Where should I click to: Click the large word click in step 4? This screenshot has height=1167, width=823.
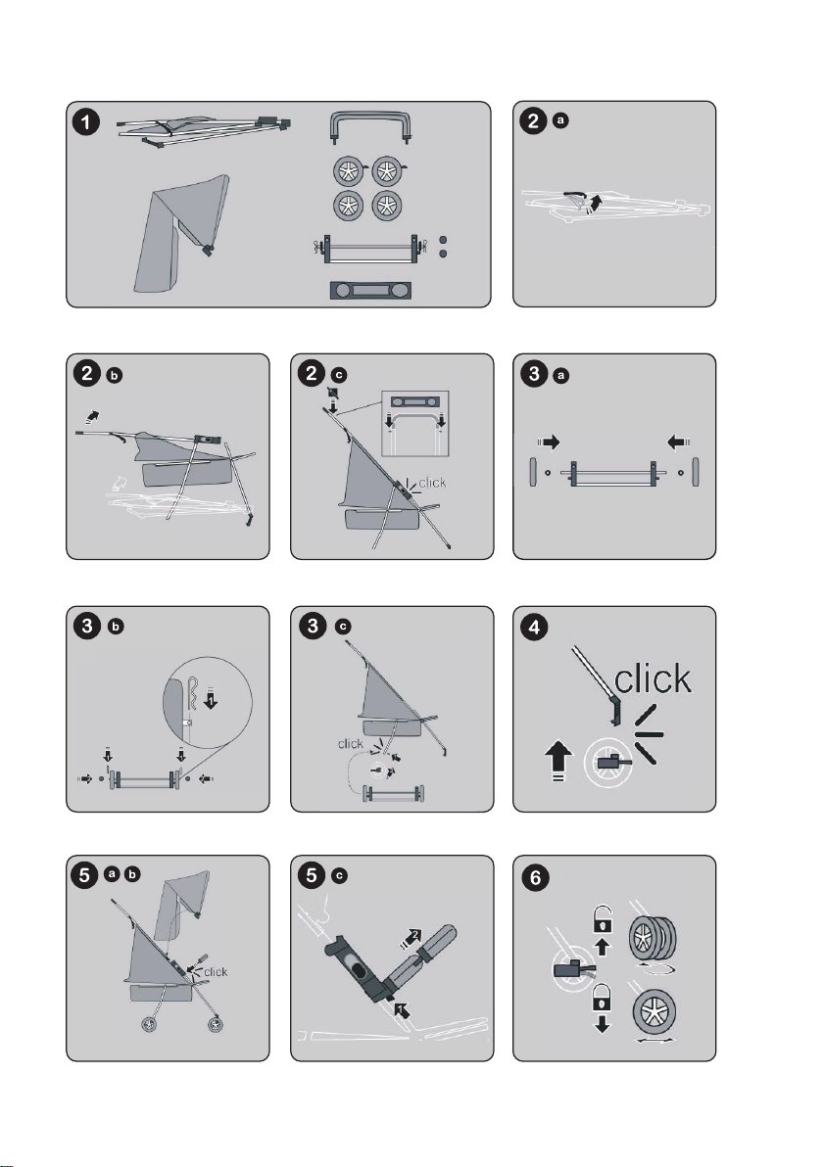tap(653, 678)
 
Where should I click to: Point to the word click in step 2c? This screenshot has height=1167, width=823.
tap(432, 483)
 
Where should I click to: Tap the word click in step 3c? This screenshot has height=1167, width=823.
tap(350, 743)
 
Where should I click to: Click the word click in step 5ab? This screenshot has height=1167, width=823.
tap(216, 972)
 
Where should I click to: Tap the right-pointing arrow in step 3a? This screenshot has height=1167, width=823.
tap(548, 443)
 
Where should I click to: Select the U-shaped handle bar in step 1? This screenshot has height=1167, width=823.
tap(369, 125)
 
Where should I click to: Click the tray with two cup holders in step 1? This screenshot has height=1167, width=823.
tap(370, 290)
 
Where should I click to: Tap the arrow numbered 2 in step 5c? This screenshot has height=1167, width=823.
tap(411, 937)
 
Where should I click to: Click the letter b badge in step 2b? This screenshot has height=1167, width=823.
tap(114, 375)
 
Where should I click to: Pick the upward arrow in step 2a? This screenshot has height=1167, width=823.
tap(595, 203)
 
